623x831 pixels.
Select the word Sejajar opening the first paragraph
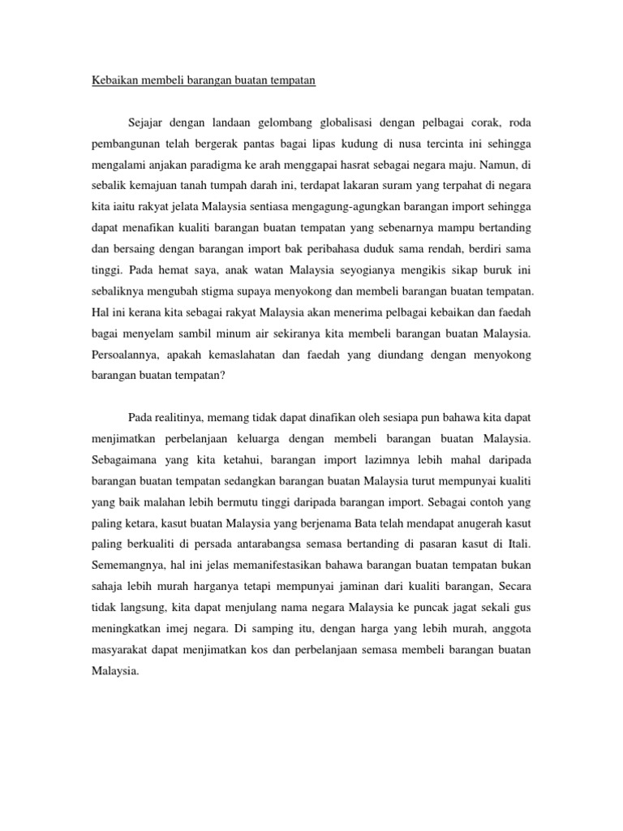148,123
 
